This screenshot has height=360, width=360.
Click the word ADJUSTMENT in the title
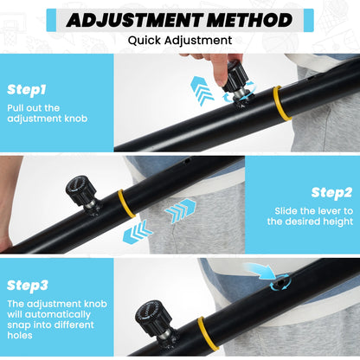[x=134, y=20]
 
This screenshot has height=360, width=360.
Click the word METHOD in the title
[x=249, y=20]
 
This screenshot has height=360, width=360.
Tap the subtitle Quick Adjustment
[x=180, y=41]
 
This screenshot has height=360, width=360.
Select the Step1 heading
[x=27, y=90]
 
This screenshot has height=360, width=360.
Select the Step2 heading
[x=331, y=193]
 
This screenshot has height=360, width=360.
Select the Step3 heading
[x=28, y=286]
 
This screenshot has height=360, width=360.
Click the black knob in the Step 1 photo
[x=235, y=76]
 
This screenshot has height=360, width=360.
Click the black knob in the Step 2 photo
[x=80, y=190]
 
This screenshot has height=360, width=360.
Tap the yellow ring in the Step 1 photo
[x=280, y=103]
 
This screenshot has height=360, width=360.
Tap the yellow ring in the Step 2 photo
[x=126, y=203]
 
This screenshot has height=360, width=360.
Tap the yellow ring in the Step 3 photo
[x=206, y=333]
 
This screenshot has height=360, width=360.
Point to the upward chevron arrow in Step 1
[x=202, y=90]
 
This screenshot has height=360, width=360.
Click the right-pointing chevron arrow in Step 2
[x=181, y=211]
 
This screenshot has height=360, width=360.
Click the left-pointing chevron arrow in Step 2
[x=138, y=233]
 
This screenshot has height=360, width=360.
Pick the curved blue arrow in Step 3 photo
[x=260, y=271]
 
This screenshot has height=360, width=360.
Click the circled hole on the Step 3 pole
[x=280, y=283]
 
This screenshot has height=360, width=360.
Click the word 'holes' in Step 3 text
[x=20, y=335]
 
